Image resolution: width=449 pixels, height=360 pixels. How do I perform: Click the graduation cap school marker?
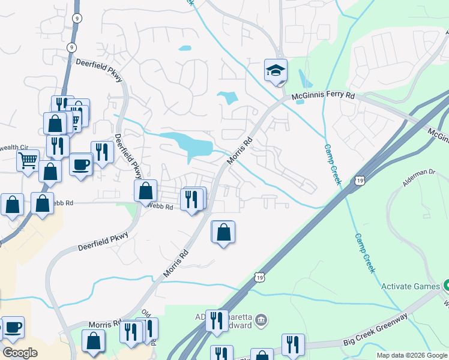pyautogui.click(x=276, y=71)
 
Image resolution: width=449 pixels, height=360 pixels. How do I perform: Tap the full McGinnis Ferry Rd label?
pyautogui.click(x=324, y=96)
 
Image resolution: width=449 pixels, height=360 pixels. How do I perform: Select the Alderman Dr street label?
pyautogui.click(x=418, y=179)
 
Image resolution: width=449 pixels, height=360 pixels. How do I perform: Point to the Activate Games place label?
pyautogui.click(x=411, y=286)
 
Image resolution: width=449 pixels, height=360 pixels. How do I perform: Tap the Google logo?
pyautogui.click(x=20, y=352)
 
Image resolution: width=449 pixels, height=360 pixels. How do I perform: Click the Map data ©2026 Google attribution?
pyautogui.click(x=412, y=355)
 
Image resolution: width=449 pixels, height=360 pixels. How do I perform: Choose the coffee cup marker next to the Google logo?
pyautogui.click(x=13, y=328)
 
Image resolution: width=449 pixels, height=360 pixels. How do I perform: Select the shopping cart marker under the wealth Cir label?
pyautogui.click(x=28, y=161)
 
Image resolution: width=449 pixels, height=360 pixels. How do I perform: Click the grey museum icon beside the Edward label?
pyautogui.click(x=261, y=320)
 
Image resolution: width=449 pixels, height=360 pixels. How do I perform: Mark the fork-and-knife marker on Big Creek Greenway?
pyautogui.click(x=293, y=344)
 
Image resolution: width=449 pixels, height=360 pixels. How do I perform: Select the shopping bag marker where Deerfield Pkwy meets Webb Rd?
pyautogui.click(x=145, y=191)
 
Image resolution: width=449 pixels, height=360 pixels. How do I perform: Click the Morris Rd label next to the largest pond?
pyautogui.click(x=239, y=151)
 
